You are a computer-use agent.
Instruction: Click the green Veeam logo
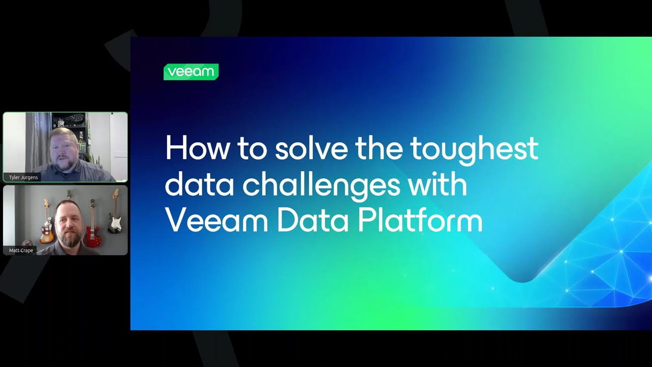[x=191, y=72]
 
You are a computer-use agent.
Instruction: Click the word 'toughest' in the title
[x=474, y=148]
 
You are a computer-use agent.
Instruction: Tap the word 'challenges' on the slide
[x=321, y=185]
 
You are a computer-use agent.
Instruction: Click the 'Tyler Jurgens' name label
[x=23, y=177]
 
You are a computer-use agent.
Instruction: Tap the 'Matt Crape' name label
[x=21, y=250]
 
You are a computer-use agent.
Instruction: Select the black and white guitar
[x=115, y=219]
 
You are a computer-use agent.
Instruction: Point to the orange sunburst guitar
[x=47, y=229]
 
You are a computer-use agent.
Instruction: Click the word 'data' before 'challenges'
[x=199, y=185]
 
